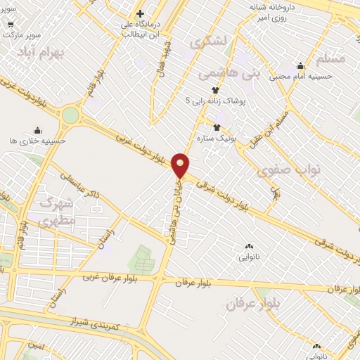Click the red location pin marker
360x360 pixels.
181,165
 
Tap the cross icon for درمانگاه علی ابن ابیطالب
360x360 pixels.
140,13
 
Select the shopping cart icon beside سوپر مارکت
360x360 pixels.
11,22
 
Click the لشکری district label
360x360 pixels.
213,41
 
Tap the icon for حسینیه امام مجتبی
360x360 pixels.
300,66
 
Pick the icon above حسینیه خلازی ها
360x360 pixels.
37,130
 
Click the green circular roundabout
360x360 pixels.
71,115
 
